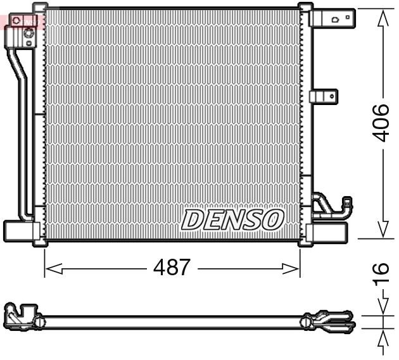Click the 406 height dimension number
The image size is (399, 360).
(x=380, y=123)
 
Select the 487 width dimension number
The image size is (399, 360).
(x=172, y=268)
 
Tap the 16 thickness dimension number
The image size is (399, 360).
(x=380, y=273)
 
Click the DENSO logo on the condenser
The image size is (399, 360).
(x=232, y=220)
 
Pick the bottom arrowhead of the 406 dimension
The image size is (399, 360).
(x=383, y=230)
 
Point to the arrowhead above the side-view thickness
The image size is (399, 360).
(x=383, y=306)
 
